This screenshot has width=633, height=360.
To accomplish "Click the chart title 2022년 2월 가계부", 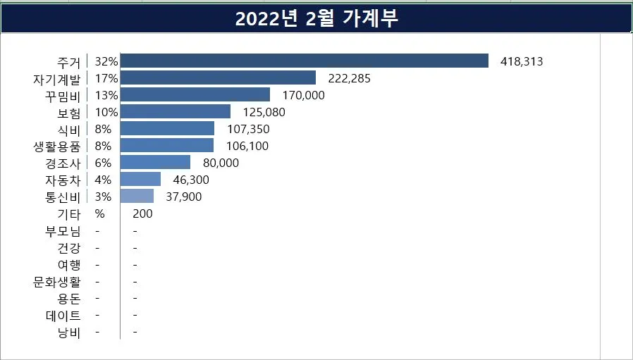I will [316, 19].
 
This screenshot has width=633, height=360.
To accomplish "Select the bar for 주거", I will [305, 61].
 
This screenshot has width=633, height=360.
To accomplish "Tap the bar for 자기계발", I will [219, 78].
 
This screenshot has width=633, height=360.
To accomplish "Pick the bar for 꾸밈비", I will [195, 95].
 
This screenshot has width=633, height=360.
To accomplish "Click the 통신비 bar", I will [137, 197].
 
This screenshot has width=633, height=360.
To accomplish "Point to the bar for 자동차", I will [141, 180].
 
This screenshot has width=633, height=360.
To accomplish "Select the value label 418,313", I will [522, 61].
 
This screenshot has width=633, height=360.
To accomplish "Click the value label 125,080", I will [264, 112].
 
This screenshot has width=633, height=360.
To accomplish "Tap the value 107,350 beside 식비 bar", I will [248, 129].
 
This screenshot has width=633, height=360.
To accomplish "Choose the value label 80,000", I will [221, 163].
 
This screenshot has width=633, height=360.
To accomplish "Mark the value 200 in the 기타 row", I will [142, 213].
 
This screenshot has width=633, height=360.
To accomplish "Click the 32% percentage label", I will [106, 61].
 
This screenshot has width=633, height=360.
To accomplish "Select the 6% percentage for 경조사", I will [103, 163].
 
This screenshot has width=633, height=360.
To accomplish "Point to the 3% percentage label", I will [103, 197].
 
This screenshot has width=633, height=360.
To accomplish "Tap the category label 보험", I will [69, 112].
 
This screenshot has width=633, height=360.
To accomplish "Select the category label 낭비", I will [69, 333].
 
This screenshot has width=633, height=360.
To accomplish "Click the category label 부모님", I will [63, 231].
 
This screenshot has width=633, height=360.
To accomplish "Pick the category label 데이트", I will [63, 316].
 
